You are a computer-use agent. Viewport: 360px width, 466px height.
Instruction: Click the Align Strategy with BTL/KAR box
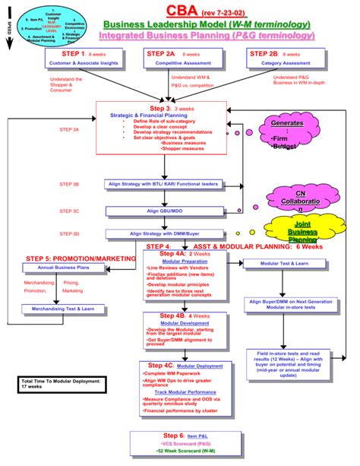pos(163,184)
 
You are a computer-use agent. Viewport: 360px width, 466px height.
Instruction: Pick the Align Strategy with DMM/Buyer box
pos(163,233)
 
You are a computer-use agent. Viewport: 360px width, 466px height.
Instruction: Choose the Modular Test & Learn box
pos(289,263)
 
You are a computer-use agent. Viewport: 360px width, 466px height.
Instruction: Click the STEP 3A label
pos(69,129)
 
